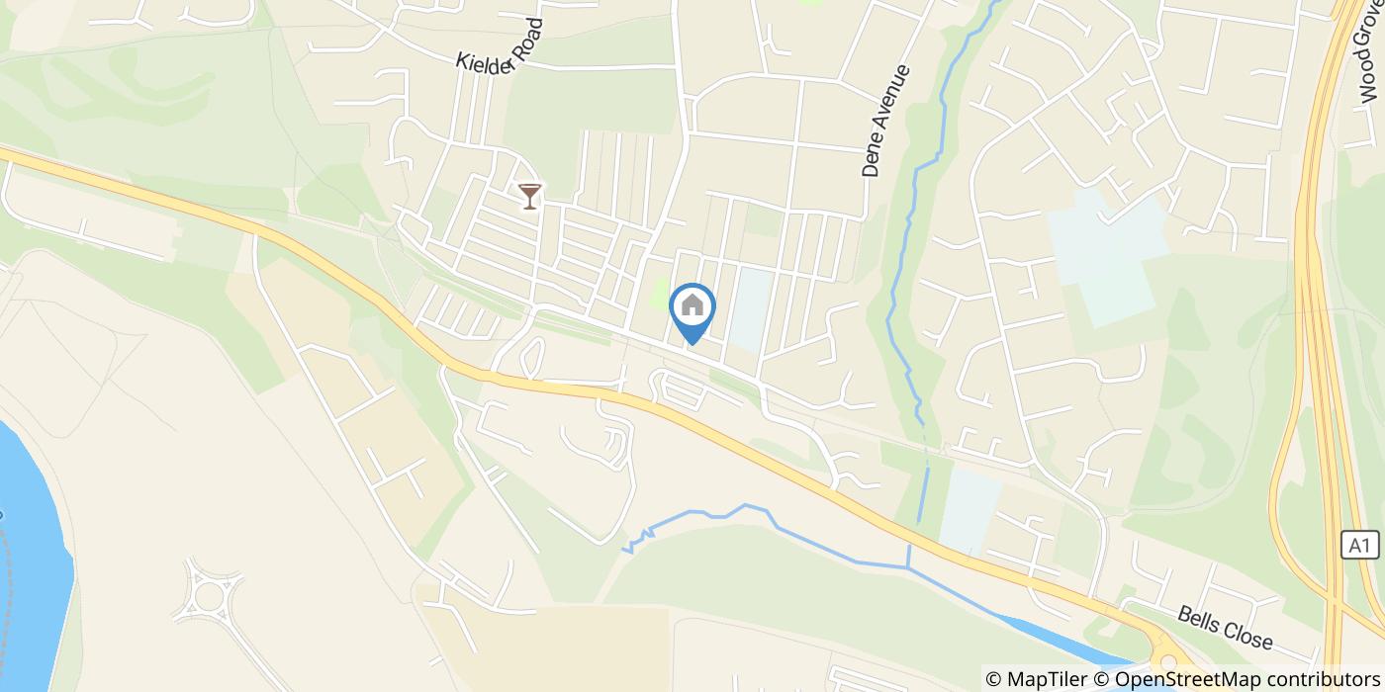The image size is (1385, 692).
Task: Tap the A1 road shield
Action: (x=1361, y=545)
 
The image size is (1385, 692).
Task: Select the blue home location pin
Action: (x=692, y=309)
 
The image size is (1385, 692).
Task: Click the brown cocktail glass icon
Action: (x=530, y=195)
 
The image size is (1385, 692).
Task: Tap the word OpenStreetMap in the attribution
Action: (x=1176, y=679)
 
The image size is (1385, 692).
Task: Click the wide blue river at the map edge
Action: (x=30, y=554)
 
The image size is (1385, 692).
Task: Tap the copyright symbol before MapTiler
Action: (x=995, y=679)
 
